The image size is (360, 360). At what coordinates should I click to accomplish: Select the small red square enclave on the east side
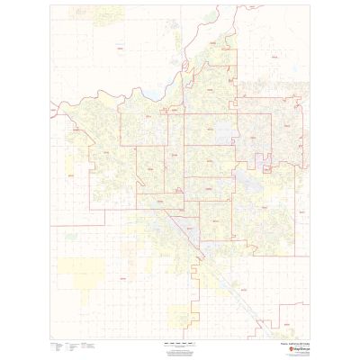(267, 166)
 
